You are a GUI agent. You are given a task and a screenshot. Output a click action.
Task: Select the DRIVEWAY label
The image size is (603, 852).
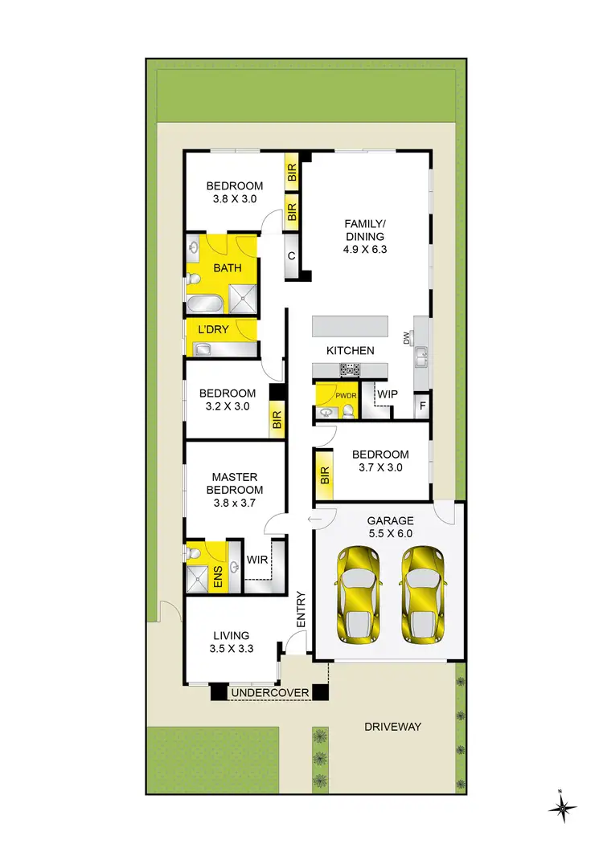pyautogui.click(x=392, y=727)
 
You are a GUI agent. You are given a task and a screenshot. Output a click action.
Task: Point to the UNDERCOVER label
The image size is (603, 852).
pyautogui.click(x=269, y=692)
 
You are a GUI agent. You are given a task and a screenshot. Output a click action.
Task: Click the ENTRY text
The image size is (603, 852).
pyautogui.click(x=301, y=609)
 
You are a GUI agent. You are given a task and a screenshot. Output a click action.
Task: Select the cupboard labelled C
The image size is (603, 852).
pyautogui.click(x=291, y=256)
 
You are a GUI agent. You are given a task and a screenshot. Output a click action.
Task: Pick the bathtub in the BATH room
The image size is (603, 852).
pyautogui.click(x=205, y=303)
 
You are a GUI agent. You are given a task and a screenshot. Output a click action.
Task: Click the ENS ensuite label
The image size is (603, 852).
pyautogui.click(x=218, y=577)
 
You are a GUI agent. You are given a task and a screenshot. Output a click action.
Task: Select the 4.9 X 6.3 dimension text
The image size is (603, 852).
pyautogui.click(x=365, y=249)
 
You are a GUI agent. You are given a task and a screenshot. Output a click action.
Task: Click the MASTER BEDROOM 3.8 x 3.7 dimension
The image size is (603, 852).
pyautogui.click(x=235, y=503)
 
